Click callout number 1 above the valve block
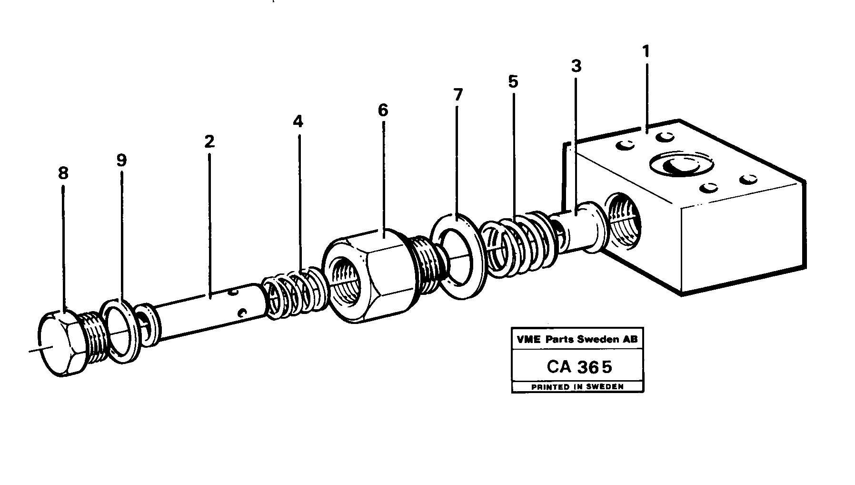pyautogui.click(x=646, y=51)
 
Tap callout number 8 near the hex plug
pyautogui.click(x=63, y=173)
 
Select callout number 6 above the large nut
pyautogui.click(x=383, y=111)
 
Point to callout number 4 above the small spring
pyautogui.click(x=298, y=122)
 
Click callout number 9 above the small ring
pyautogui.click(x=121, y=160)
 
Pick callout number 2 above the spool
pyautogui.click(x=209, y=141)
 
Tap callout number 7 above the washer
pyautogui.click(x=457, y=95)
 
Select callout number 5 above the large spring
pyautogui.click(x=512, y=81)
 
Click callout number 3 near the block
pyautogui.click(x=576, y=66)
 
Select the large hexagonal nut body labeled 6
pyautogui.click(x=367, y=276)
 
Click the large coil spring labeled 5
pyautogui.click(x=519, y=243)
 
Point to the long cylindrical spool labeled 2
pyautogui.click(x=209, y=314)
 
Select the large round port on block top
pyautogui.click(x=681, y=164)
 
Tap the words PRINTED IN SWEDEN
pyautogui.click(x=577, y=387)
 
